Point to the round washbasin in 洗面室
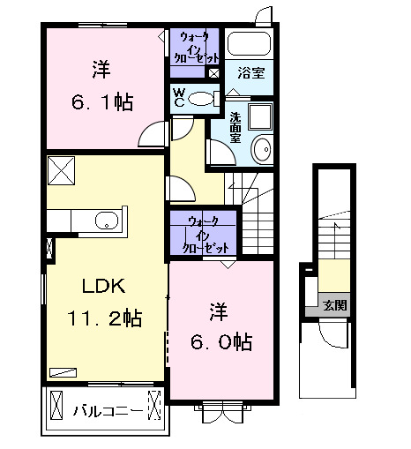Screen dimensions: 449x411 tap(263, 150)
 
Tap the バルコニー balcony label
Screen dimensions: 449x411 tap(105, 410)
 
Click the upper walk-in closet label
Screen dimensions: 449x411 tap(194, 47)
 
